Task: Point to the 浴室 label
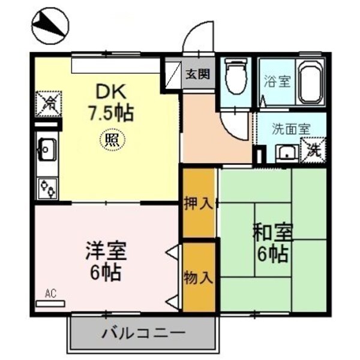[277, 80]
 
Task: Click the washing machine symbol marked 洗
[313, 149]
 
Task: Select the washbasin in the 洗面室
[286, 153]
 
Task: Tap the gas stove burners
[47, 187]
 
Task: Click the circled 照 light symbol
[110, 141]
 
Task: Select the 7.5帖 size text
[112, 112]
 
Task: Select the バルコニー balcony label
[143, 331]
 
